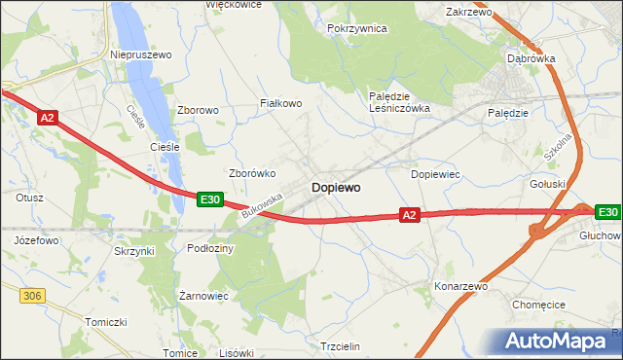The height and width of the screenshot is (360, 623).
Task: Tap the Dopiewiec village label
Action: point(435,174)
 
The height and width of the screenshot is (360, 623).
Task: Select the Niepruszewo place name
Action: point(141,55)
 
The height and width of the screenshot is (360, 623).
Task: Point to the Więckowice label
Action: point(234,5)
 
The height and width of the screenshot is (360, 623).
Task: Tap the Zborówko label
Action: point(252,173)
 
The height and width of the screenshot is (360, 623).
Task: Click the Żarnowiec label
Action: point(203,295)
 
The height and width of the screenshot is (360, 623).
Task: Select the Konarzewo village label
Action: point(460,287)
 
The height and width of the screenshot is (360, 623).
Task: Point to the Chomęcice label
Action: point(538,305)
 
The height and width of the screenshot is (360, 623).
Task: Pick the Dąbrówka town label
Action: point(531,58)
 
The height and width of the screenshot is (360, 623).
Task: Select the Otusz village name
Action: point(29,198)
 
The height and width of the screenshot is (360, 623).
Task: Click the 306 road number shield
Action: point(32,293)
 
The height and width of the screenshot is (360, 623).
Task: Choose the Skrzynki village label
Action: point(134,251)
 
